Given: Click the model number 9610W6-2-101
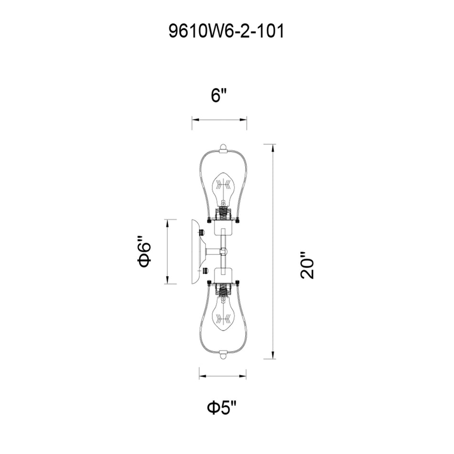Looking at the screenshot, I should pyautogui.click(x=227, y=32).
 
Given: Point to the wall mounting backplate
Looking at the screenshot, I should pyautogui.click(x=196, y=251).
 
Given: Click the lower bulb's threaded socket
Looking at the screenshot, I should pyautogui.click(x=223, y=289).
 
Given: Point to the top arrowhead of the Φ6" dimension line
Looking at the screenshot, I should pyautogui.click(x=167, y=223).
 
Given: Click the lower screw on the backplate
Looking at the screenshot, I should pyautogui.click(x=205, y=271).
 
